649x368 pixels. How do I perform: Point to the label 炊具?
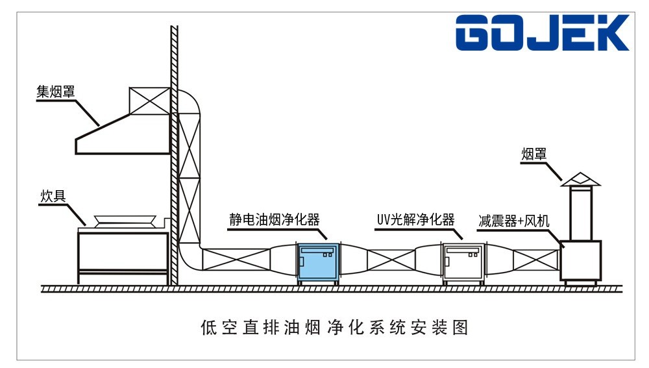53,196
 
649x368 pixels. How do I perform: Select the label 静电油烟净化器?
275,219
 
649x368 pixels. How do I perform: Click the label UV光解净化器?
415,219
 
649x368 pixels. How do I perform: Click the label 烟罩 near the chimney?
534,154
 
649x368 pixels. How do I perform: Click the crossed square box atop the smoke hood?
149,100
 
